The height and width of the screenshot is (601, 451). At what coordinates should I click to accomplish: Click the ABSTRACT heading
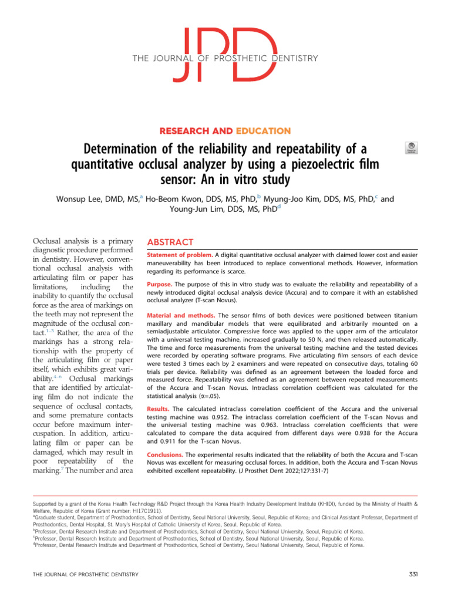(170, 242)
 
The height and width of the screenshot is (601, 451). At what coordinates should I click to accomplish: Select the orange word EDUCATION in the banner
(264, 131)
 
